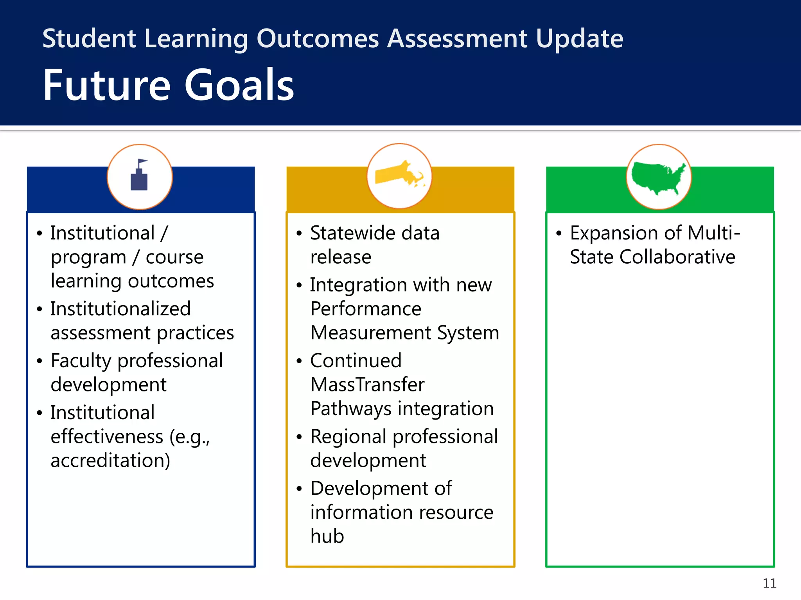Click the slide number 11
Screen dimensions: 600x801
[769, 583]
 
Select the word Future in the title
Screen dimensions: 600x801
[107, 85]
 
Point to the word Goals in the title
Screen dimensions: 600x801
[239, 85]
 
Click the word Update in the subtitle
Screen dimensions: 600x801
[579, 39]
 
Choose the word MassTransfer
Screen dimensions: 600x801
[367, 385]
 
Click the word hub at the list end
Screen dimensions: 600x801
[327, 536]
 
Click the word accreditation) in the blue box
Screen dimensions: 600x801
[110, 461]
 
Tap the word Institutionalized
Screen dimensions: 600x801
[120, 309]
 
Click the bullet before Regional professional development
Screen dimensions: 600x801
[299, 437]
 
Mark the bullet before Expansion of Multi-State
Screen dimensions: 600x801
[559, 234]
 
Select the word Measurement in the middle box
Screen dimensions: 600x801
[370, 333]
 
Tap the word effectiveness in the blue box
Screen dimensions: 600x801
[107, 437]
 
